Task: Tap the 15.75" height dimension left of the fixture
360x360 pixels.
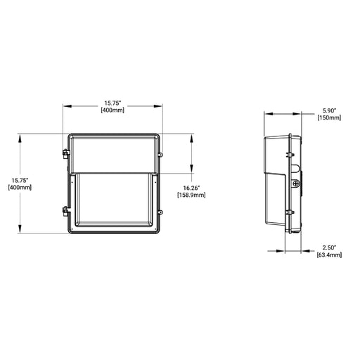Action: (x=18, y=179)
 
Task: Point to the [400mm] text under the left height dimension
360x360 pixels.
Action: (x=18, y=188)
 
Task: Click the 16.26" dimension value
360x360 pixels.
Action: (x=192, y=187)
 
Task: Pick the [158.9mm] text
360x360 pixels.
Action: (x=192, y=195)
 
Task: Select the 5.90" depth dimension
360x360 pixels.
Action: (x=329, y=110)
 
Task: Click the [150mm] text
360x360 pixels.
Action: (x=329, y=117)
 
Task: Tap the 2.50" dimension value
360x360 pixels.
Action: (x=329, y=247)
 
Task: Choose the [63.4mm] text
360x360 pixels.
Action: (x=329, y=255)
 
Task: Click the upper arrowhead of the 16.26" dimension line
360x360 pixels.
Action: (x=192, y=134)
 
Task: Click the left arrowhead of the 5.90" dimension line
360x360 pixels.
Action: (x=266, y=114)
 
